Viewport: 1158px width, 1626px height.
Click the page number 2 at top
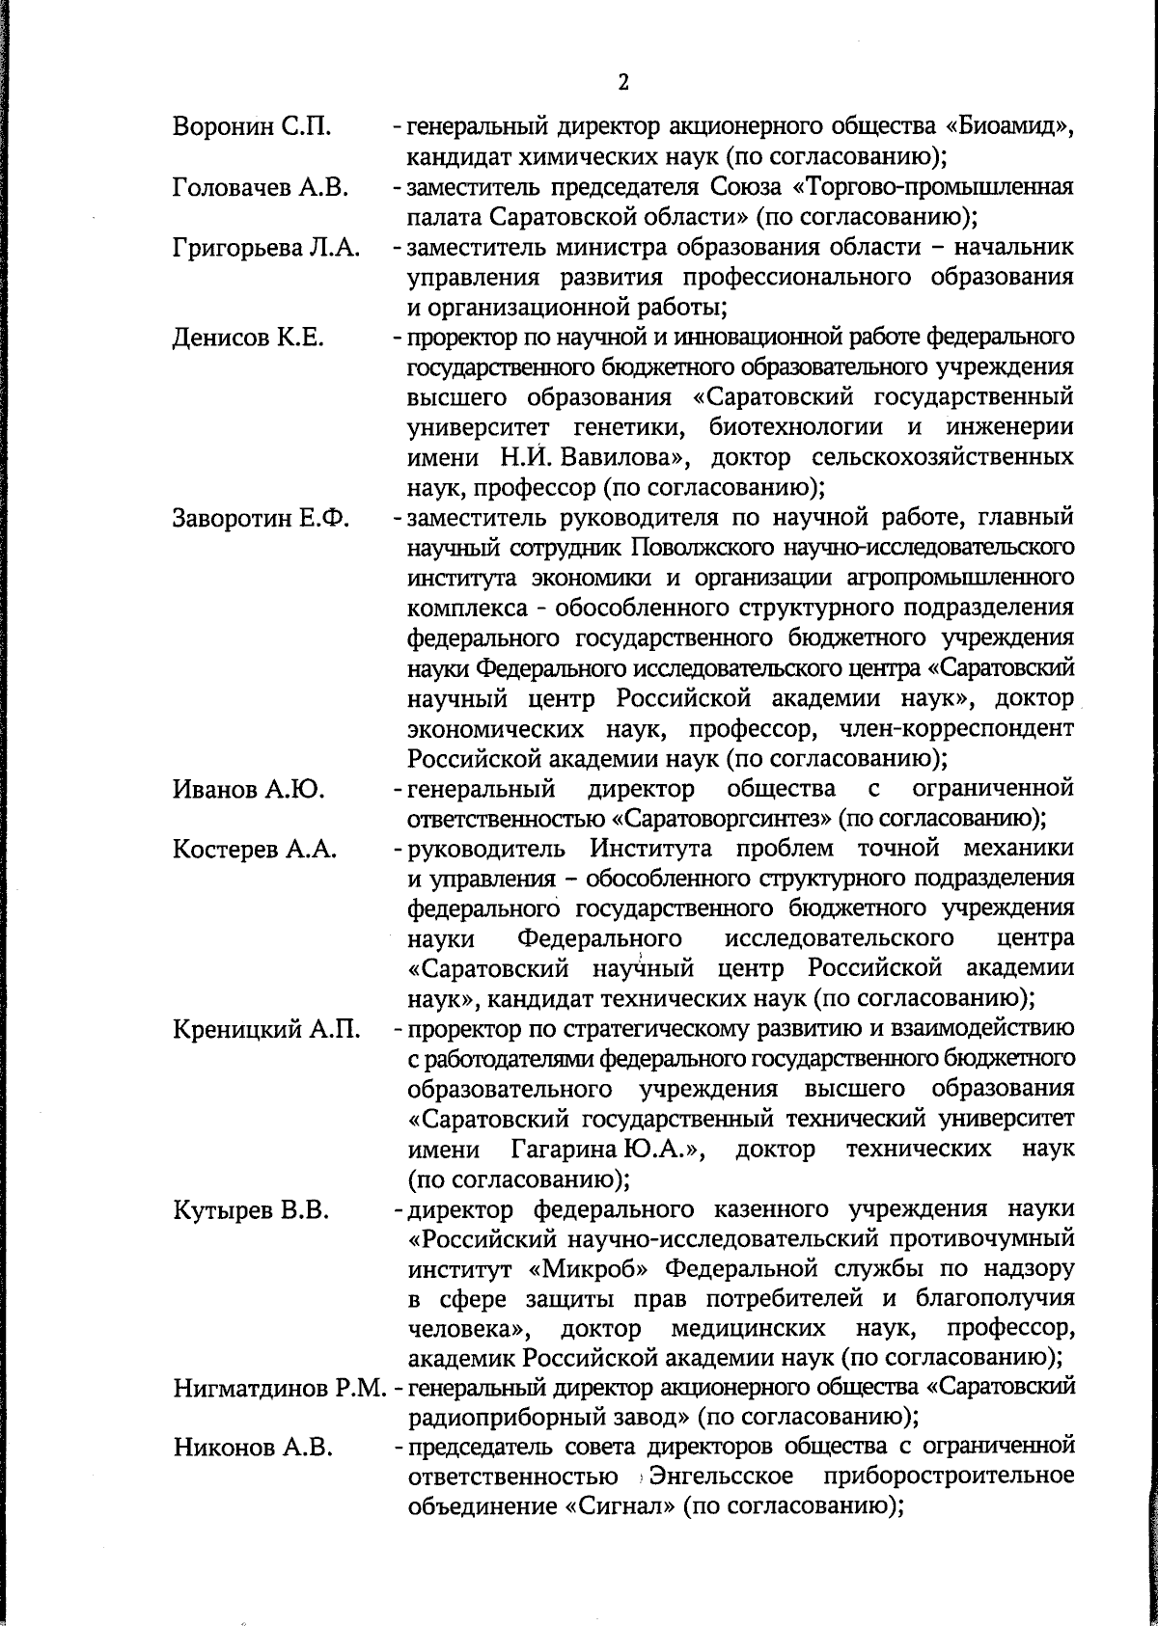tap(622, 82)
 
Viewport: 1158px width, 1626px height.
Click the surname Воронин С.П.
tap(253, 126)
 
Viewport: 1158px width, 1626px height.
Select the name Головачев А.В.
tap(261, 187)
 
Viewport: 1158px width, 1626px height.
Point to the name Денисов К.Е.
tap(248, 339)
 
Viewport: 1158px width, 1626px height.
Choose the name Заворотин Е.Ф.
tap(261, 519)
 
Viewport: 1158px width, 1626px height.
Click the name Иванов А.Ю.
tap(248, 790)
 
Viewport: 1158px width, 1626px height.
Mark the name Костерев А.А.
tap(255, 850)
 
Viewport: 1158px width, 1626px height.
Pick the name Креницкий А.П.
tap(266, 1030)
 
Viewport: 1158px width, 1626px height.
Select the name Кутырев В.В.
tap(252, 1210)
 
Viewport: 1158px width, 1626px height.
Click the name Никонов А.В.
tap(254, 1450)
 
